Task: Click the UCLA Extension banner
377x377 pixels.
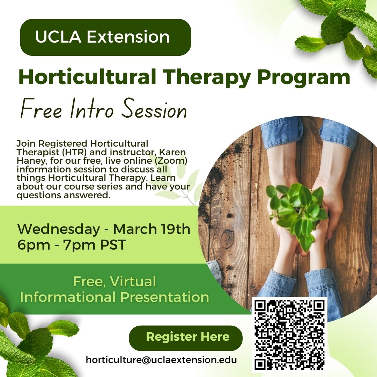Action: click(x=105, y=37)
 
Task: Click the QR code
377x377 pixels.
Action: click(x=289, y=335)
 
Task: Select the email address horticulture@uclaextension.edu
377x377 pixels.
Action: click(x=161, y=360)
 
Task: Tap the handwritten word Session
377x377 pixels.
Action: click(x=154, y=109)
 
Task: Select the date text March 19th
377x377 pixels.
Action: click(x=152, y=229)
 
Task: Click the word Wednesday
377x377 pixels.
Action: click(x=58, y=229)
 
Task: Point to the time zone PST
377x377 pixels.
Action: click(x=113, y=245)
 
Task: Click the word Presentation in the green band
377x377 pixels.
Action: click(x=165, y=297)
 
